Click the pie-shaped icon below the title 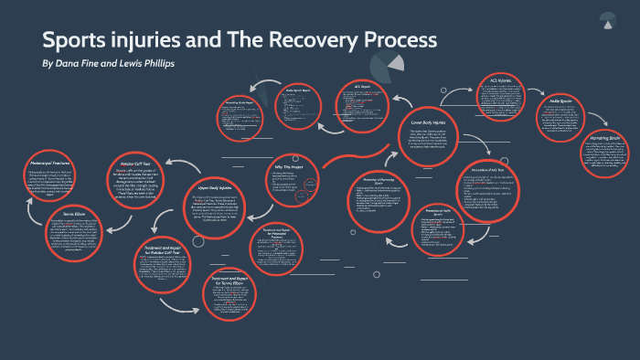(x=389, y=64)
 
